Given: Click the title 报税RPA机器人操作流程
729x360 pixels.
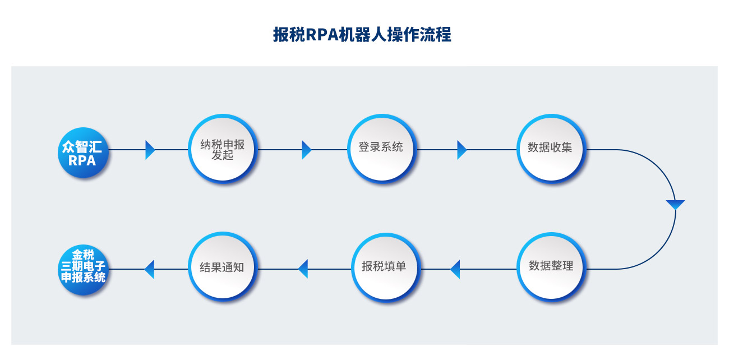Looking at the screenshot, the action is (362, 35).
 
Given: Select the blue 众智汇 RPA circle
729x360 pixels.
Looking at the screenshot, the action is (83, 153).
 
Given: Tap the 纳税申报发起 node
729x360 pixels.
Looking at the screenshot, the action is (223, 149).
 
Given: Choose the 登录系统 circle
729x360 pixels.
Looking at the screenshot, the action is (382, 149).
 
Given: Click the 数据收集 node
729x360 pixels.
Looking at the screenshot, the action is (551, 149).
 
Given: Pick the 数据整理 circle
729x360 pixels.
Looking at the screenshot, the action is (551, 267).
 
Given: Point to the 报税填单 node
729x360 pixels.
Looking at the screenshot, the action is (386, 267).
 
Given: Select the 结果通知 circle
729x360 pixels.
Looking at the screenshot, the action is (223, 267).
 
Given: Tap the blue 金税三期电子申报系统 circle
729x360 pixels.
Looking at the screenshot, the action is (83, 270).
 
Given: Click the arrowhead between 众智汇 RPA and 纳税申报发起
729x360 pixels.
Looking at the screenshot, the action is (150, 150).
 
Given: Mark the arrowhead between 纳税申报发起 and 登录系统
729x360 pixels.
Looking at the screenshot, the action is (307, 150).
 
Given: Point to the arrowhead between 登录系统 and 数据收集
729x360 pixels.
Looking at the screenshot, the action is (462, 150).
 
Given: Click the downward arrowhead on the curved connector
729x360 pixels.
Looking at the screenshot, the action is (675, 205).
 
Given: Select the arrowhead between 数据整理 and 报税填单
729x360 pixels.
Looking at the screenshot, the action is (455, 269).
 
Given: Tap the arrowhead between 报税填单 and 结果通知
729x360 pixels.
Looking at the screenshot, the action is (303, 269).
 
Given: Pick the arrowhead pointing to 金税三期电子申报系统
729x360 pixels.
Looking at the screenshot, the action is (149, 269).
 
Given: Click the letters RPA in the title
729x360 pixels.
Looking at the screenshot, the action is (322, 35).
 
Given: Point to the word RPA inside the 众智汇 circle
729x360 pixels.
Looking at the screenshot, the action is (82, 160).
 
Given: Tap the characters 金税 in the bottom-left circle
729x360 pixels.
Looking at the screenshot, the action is (83, 255).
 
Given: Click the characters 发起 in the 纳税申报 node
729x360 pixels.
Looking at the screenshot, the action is (223, 155).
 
